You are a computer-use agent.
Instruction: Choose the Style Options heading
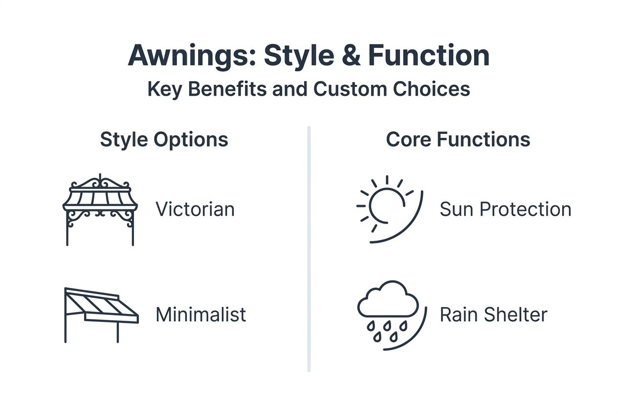coord(164,140)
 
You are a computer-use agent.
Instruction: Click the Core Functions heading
coord(458,140)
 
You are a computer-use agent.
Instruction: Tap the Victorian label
coord(195,209)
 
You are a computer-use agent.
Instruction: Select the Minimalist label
coord(200,314)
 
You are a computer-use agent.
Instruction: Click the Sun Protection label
coord(506,209)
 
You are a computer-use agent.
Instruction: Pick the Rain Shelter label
coord(493,314)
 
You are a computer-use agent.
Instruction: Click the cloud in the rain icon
coord(388,300)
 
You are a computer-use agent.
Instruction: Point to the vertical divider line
coord(309,249)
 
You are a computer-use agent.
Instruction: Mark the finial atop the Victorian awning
coord(100,177)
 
